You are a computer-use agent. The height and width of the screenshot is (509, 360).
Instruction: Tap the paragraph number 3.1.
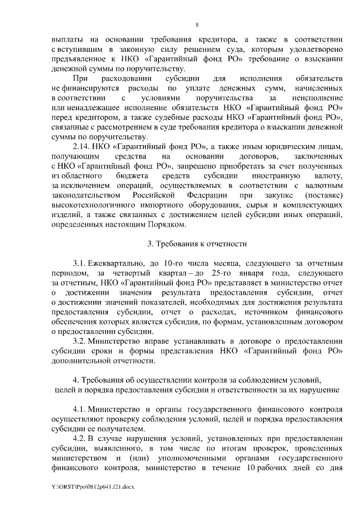tap(80, 263)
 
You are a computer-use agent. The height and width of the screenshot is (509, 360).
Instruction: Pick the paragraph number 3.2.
tap(80, 341)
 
